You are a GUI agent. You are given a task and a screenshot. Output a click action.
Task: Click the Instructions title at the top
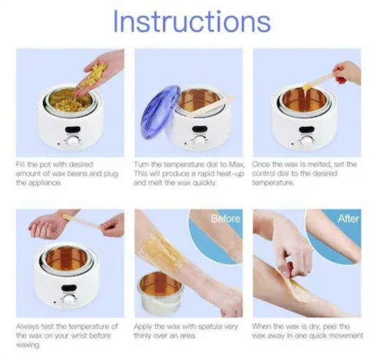192,22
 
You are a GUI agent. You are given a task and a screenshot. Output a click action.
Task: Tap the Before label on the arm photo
225,218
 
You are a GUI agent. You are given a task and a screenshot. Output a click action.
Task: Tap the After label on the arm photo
348,218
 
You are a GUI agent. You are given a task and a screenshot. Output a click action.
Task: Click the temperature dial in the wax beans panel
73,142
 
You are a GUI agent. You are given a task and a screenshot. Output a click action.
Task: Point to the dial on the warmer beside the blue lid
200,141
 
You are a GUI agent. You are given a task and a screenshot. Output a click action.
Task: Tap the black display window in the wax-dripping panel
306,130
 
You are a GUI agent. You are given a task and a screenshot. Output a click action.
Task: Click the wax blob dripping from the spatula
307,88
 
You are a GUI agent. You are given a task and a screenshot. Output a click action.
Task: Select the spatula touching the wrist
82,221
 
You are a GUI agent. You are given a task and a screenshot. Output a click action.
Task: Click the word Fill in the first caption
20,164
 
